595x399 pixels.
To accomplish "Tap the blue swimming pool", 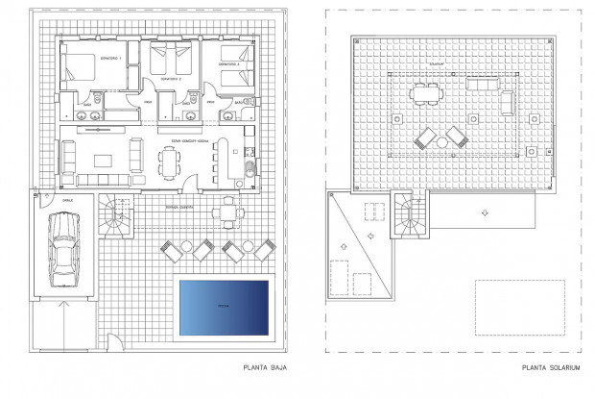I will tap(222, 307).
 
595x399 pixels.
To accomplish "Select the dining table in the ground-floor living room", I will tap(170, 164).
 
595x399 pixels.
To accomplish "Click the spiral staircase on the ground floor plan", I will tap(114, 218).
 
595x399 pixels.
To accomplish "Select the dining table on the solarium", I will tap(424, 93).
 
